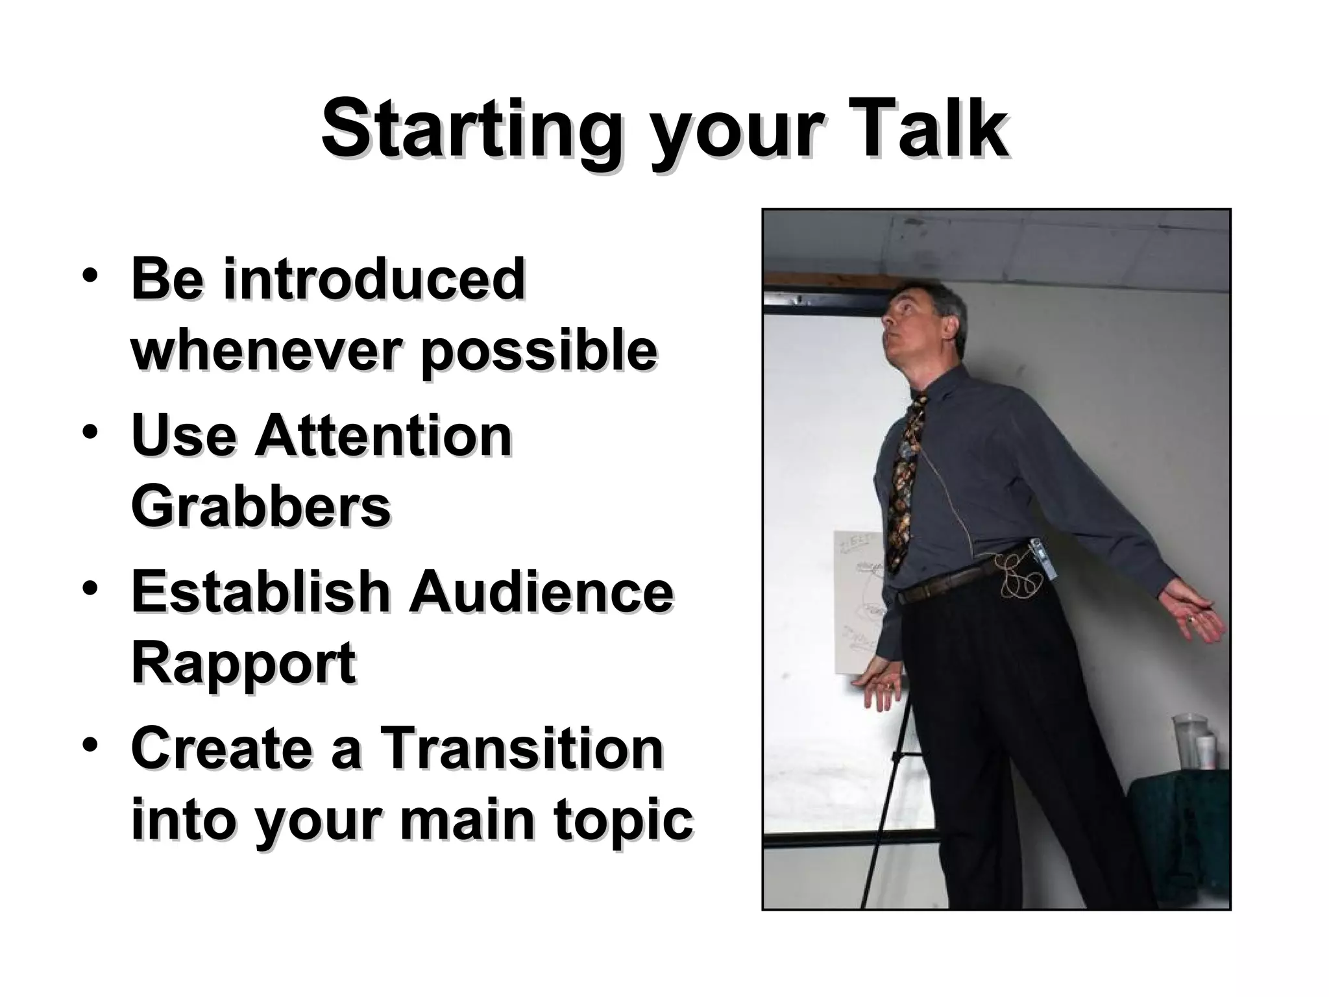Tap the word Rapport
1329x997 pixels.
pyautogui.click(x=243, y=662)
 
